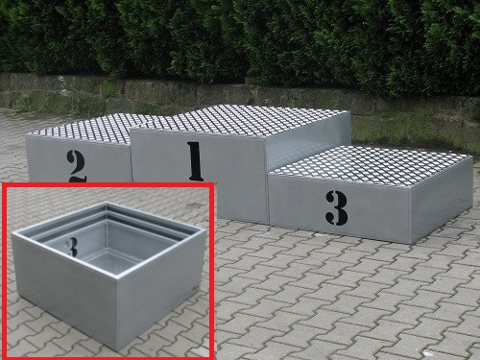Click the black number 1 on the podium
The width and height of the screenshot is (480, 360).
coord(196,161)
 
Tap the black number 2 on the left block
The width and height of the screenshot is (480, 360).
coord(76,166)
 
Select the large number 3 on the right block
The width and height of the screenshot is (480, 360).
coord(337,208)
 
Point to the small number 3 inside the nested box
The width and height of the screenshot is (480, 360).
coord(72,248)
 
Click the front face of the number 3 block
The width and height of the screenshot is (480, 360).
coord(339,208)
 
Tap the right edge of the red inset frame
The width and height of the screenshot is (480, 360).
coord(209,272)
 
